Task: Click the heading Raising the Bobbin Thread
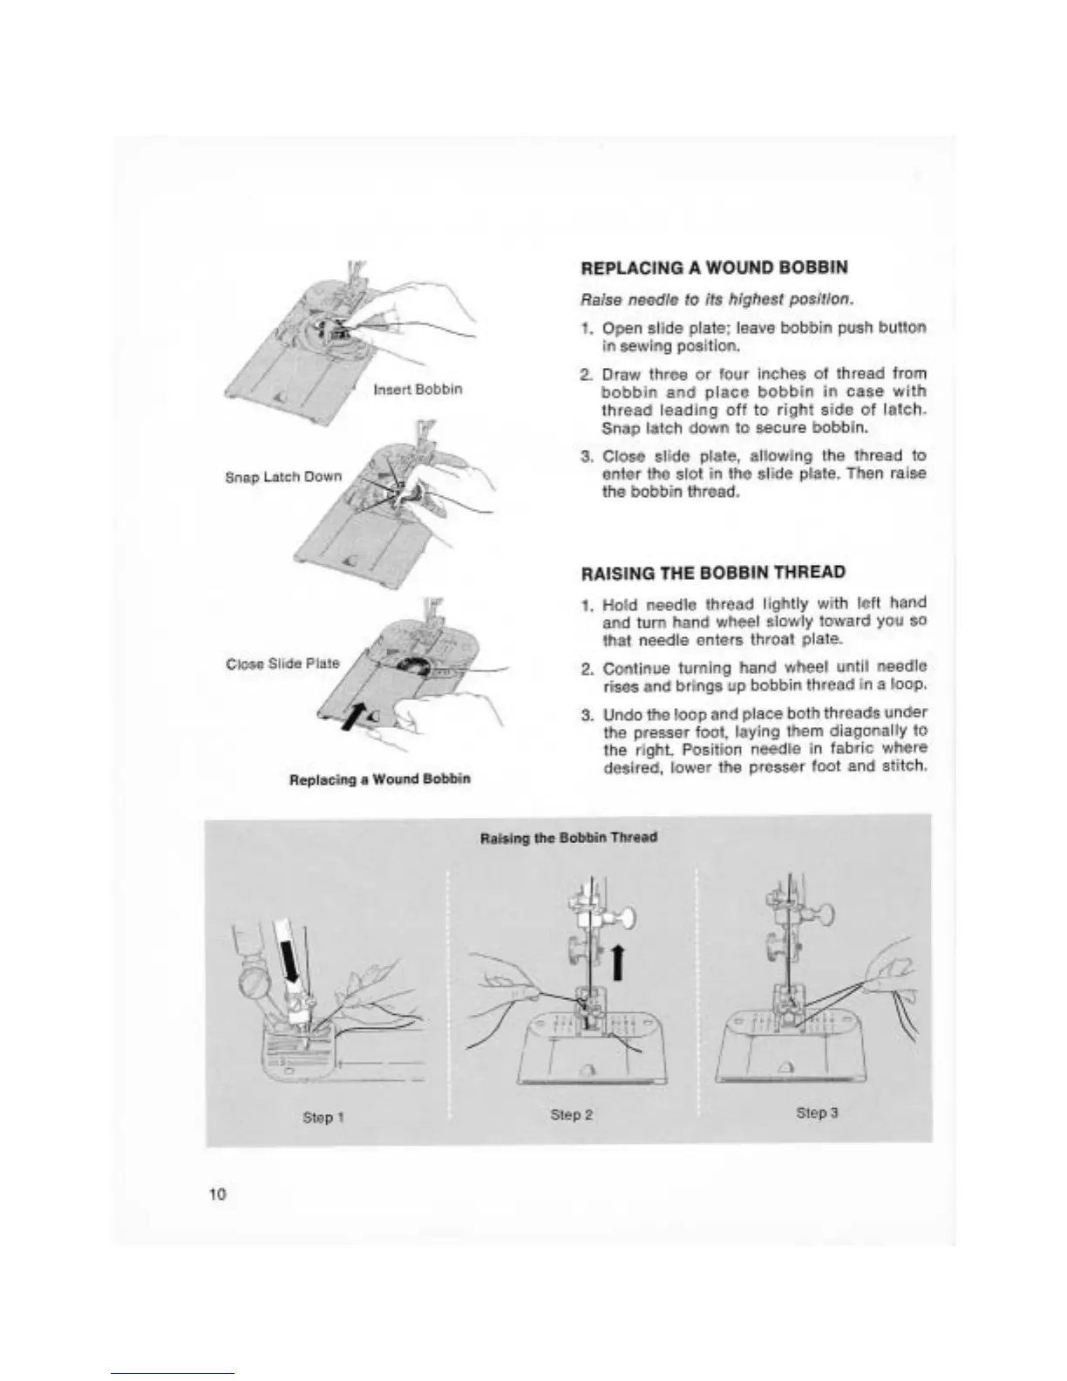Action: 713,573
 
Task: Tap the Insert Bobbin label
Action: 418,389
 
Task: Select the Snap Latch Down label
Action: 282,477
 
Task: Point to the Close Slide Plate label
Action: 282,663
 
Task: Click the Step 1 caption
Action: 317,1118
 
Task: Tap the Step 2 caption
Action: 572,1114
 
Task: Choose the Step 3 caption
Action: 817,1113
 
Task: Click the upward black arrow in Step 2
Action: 618,963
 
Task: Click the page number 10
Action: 217,1194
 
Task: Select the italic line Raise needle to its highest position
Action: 715,299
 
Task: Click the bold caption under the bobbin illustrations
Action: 379,778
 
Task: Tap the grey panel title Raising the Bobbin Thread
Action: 568,837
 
